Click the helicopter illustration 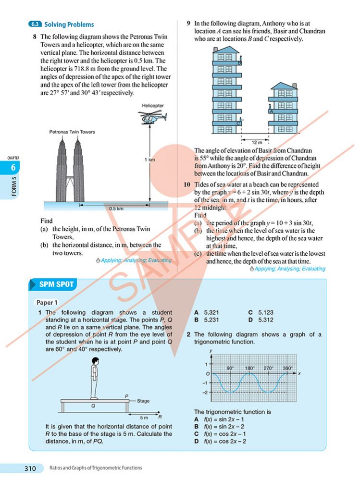(153, 117)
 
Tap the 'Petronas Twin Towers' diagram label (72, 132)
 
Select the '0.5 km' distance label (116, 209)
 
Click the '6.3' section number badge (35, 24)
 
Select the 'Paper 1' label (47, 303)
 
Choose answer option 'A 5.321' (207, 312)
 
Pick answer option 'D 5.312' (261, 320)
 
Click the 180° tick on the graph (250, 368)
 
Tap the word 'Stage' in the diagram (143, 400)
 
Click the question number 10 (187, 184)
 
